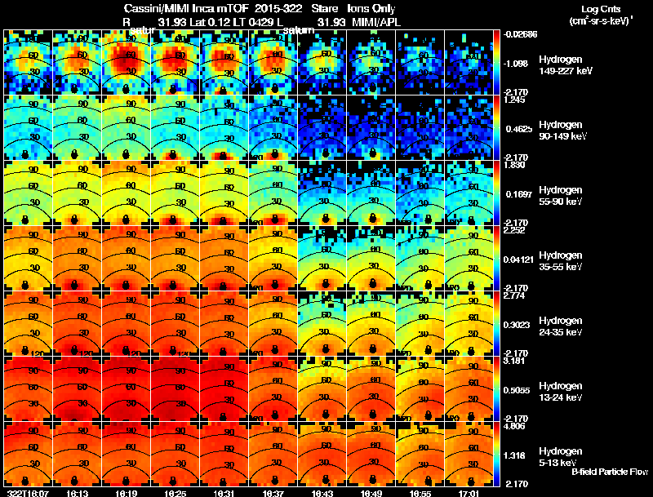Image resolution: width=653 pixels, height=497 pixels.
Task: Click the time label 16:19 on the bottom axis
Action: point(126,493)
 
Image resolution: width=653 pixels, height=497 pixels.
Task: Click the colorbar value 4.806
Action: point(515,425)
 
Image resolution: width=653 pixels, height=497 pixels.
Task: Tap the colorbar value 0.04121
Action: point(518,259)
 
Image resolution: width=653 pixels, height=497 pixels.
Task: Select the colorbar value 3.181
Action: point(515,360)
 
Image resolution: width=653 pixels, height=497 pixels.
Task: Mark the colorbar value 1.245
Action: point(515,99)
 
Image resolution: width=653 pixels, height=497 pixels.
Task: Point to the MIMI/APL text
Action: point(379,21)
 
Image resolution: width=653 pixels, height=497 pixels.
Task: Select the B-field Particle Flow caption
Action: point(609,472)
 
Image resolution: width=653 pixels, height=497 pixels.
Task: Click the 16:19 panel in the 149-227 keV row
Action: point(126,62)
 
